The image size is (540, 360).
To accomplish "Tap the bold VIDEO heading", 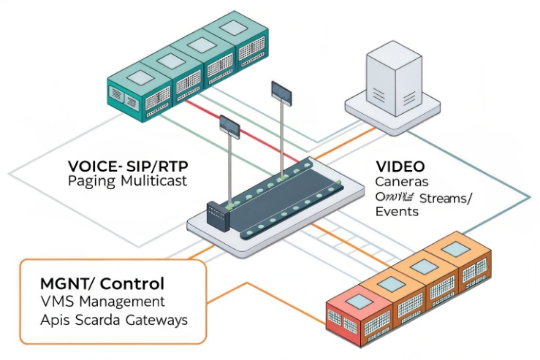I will pyautogui.click(x=399, y=166).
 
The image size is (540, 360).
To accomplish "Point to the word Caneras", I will pyautogui.click(x=401, y=181).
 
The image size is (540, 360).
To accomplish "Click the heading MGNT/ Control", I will pyautogui.click(x=103, y=283).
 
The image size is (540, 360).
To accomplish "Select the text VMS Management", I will pyautogui.click(x=102, y=302).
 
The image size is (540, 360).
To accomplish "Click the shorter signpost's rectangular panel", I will pyautogui.click(x=229, y=129).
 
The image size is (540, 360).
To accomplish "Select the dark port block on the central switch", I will pyautogui.click(x=218, y=213).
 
